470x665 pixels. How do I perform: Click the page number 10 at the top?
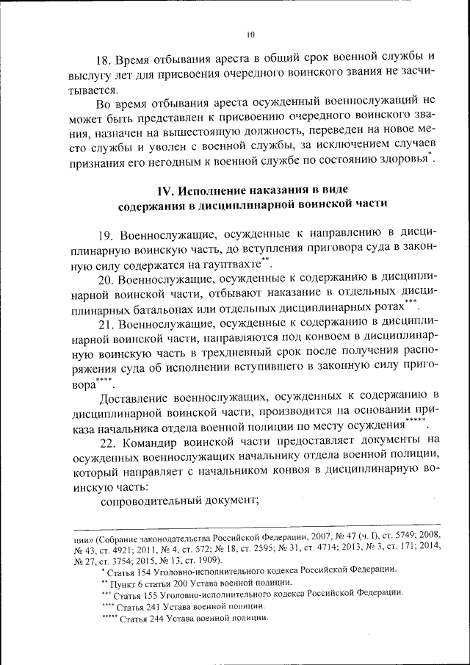(x=250, y=34)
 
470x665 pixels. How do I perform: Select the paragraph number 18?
(x=106, y=57)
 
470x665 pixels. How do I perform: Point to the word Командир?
(x=154, y=441)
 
